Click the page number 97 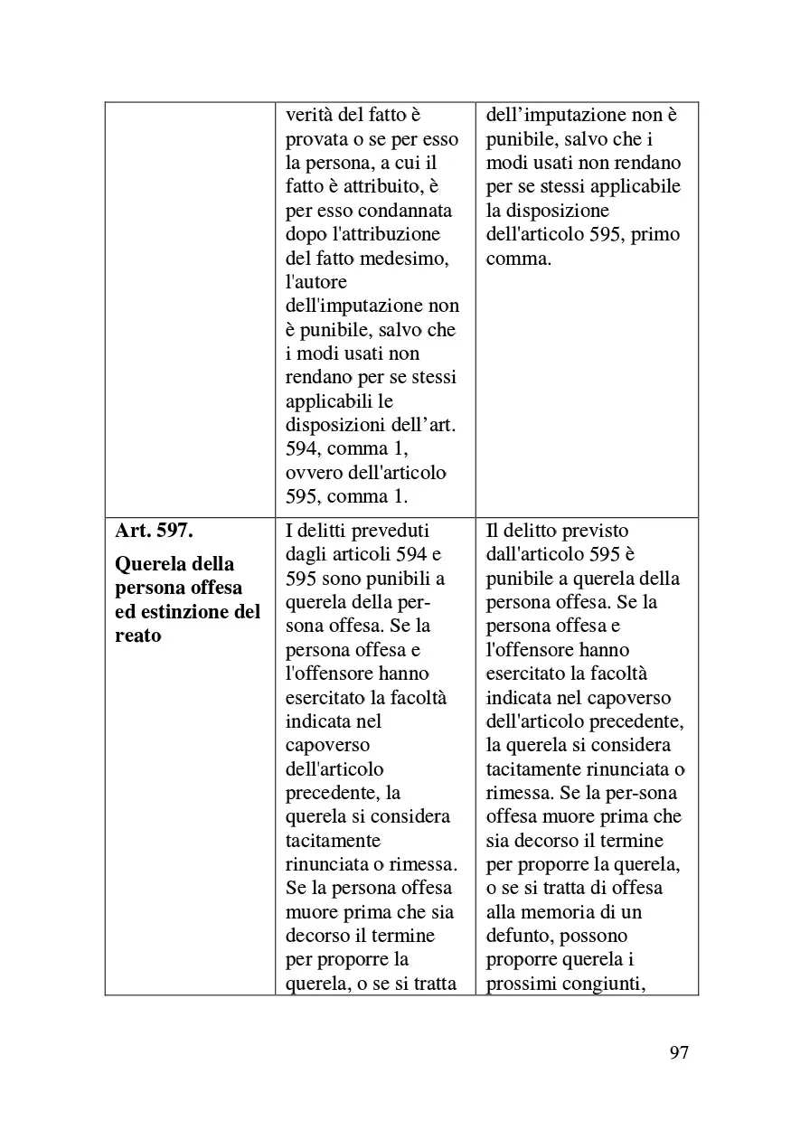(x=680, y=1052)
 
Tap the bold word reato (x=138, y=635)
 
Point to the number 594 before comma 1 (x=302, y=448)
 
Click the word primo (x=657, y=234)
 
